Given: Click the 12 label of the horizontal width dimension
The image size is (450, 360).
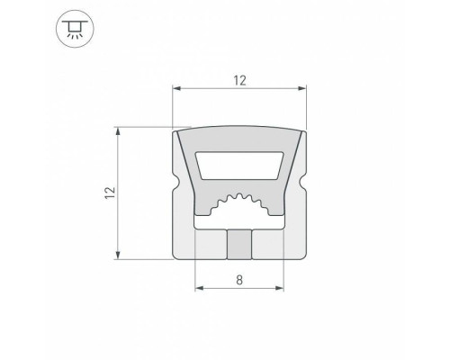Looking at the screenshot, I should pos(239,80).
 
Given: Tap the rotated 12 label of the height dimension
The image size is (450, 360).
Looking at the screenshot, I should pos(109,192).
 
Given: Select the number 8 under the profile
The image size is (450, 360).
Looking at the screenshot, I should pos(239,280).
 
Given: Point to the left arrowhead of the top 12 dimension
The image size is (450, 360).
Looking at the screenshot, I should pos(177,89).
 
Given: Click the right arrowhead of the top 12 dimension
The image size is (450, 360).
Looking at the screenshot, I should pos(301,89).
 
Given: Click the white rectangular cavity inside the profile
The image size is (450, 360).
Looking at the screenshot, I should pos(239,165).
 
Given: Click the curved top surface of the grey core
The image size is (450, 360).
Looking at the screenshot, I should pos(239,136).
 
